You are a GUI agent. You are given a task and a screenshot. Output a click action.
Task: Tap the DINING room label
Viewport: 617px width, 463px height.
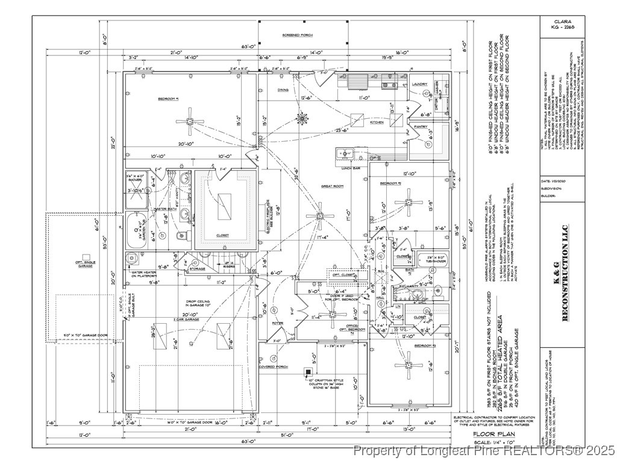point(283,90)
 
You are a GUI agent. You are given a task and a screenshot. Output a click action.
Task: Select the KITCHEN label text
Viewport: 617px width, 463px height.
point(376,122)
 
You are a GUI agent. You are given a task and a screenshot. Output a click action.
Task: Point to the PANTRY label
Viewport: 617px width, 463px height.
point(421,127)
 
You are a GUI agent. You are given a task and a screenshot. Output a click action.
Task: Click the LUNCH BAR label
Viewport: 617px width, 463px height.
point(351,168)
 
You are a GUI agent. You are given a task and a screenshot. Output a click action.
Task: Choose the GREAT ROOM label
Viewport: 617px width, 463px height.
point(332,186)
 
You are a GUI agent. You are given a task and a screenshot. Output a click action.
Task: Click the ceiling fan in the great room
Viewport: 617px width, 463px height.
point(320,215)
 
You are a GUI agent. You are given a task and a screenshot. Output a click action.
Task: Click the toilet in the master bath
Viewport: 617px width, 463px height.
point(179,235)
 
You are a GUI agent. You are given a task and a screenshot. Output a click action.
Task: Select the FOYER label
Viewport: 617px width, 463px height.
point(277,323)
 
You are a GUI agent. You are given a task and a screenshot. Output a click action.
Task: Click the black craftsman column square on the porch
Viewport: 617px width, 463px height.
point(308,371)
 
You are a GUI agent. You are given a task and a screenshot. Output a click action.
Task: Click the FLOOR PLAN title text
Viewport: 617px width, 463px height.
point(493,434)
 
